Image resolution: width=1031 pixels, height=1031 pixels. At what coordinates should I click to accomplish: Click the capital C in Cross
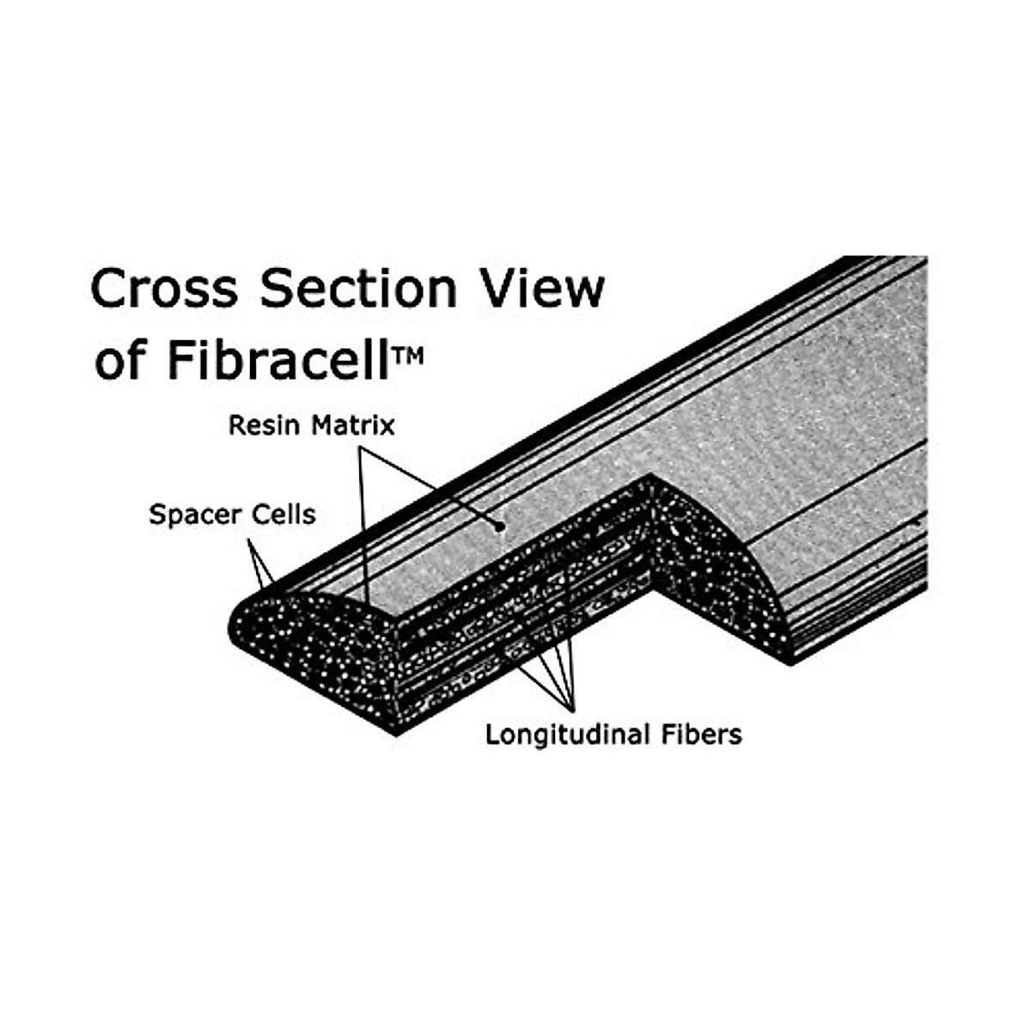(x=110, y=289)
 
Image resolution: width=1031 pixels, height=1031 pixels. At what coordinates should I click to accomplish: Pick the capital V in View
(x=505, y=289)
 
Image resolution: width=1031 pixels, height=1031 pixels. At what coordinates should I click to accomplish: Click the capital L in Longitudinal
(x=492, y=735)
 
